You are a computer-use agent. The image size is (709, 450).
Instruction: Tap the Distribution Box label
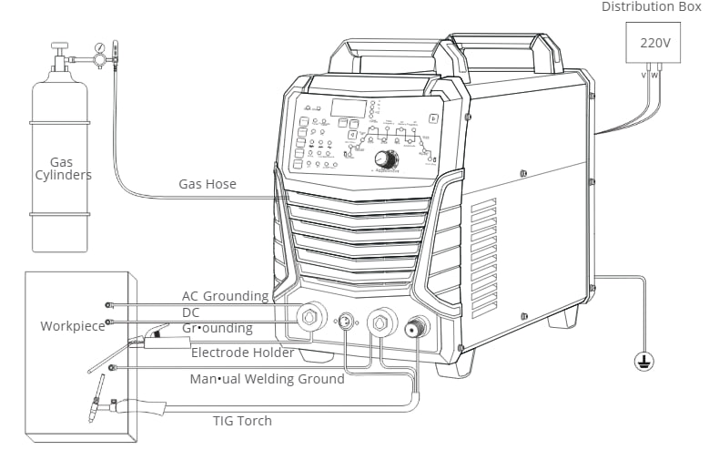(x=652, y=7)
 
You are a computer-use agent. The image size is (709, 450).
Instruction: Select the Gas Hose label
(x=208, y=184)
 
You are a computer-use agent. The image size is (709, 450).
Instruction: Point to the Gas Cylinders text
(x=62, y=168)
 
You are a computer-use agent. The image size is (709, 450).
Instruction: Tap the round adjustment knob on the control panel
(x=386, y=159)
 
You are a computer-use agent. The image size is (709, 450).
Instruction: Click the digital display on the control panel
(x=348, y=107)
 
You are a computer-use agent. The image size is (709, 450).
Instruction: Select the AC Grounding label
(x=225, y=296)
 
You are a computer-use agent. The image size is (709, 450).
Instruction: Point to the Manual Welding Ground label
(x=267, y=378)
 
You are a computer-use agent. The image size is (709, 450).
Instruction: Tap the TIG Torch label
(x=242, y=420)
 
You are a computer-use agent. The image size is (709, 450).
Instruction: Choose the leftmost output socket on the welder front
(x=311, y=317)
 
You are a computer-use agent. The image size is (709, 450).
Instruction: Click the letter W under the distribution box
(x=654, y=75)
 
